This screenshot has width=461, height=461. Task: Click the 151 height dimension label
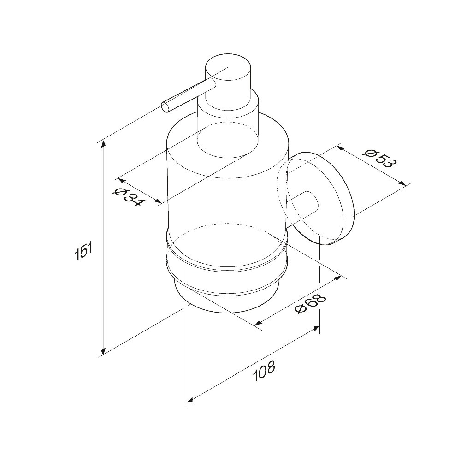coord(84,250)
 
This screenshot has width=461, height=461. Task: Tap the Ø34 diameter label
coord(129,196)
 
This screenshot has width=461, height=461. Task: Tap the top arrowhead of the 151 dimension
coord(103,145)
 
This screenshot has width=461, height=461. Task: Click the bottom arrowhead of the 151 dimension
coord(103,351)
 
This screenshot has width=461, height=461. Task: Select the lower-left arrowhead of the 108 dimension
coord(190,400)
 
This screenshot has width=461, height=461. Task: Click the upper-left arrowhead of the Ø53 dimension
coord(341,148)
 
